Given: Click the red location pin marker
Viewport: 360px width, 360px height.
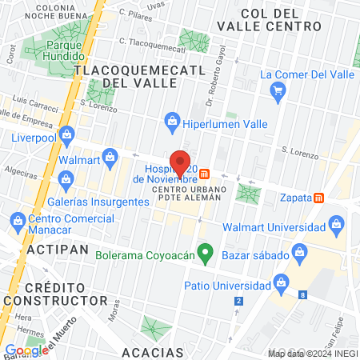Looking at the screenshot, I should pos(180,163).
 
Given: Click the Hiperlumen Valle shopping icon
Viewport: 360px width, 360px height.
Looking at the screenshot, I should pos(170,120).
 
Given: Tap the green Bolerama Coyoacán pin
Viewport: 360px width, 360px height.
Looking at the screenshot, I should pos(205,255).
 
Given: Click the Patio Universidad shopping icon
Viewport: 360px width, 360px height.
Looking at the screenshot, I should pos(281,283).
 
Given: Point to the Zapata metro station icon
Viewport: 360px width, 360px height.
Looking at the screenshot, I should pos(319,197).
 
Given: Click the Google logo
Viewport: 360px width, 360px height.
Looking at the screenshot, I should pos(26,350).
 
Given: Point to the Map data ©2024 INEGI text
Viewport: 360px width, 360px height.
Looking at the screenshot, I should pos(312,353).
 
